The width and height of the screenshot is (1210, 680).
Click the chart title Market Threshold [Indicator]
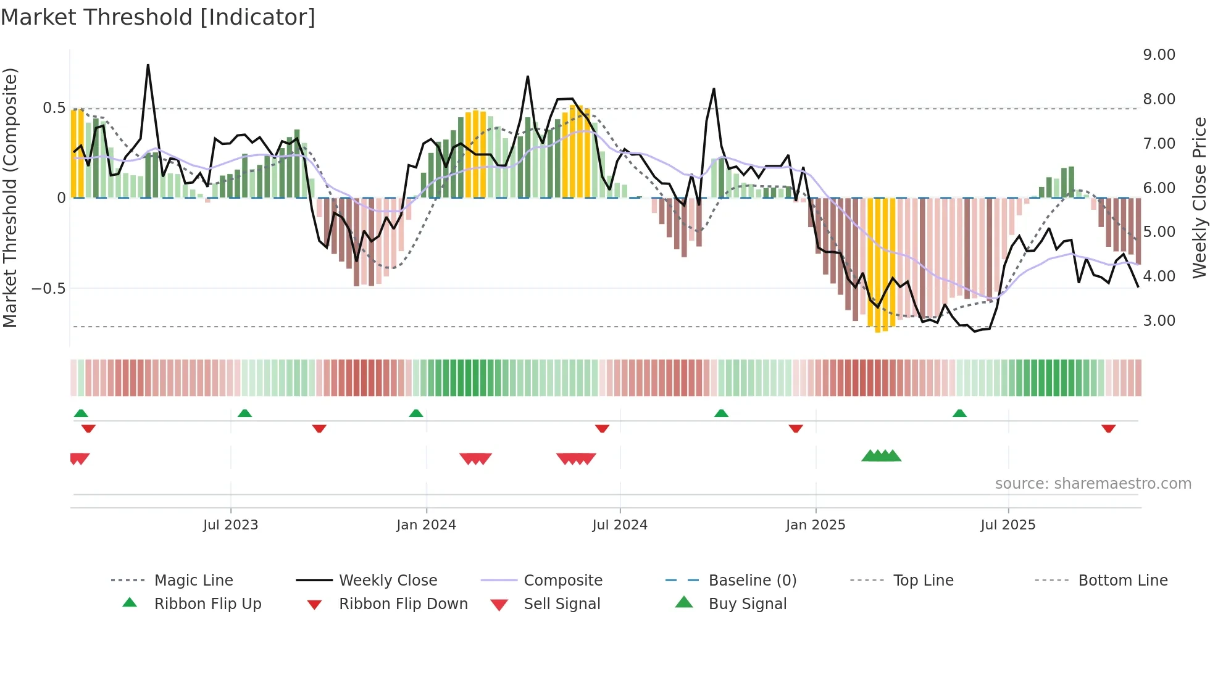tap(158, 17)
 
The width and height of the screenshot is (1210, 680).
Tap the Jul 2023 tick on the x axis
tap(230, 525)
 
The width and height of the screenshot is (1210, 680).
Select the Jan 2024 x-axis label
tap(426, 525)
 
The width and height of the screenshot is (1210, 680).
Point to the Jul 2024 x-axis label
tap(620, 525)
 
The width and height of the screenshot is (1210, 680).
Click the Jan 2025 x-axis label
tap(816, 525)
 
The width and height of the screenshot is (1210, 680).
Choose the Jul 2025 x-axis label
tap(1008, 525)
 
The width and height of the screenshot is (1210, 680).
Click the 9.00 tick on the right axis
tap(1159, 55)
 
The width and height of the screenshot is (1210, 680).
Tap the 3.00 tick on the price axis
tap(1159, 321)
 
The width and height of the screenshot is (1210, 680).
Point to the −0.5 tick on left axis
tap(48, 289)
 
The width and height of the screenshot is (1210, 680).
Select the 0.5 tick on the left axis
tap(54, 108)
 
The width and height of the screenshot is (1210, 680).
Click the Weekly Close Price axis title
tap(1199, 197)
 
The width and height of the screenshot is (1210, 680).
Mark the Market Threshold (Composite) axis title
tap(10, 197)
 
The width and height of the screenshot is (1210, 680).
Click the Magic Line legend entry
tap(193, 581)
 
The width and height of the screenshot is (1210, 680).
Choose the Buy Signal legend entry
tap(747, 604)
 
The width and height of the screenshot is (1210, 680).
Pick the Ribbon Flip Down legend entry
tap(403, 604)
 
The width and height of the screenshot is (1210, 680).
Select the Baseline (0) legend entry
tap(752, 581)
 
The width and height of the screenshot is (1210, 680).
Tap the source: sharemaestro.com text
tap(1093, 484)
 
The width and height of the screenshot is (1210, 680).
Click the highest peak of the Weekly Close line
tap(148, 65)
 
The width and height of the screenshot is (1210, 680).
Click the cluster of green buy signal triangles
tap(882, 456)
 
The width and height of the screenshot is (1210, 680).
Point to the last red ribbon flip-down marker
tap(1109, 428)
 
